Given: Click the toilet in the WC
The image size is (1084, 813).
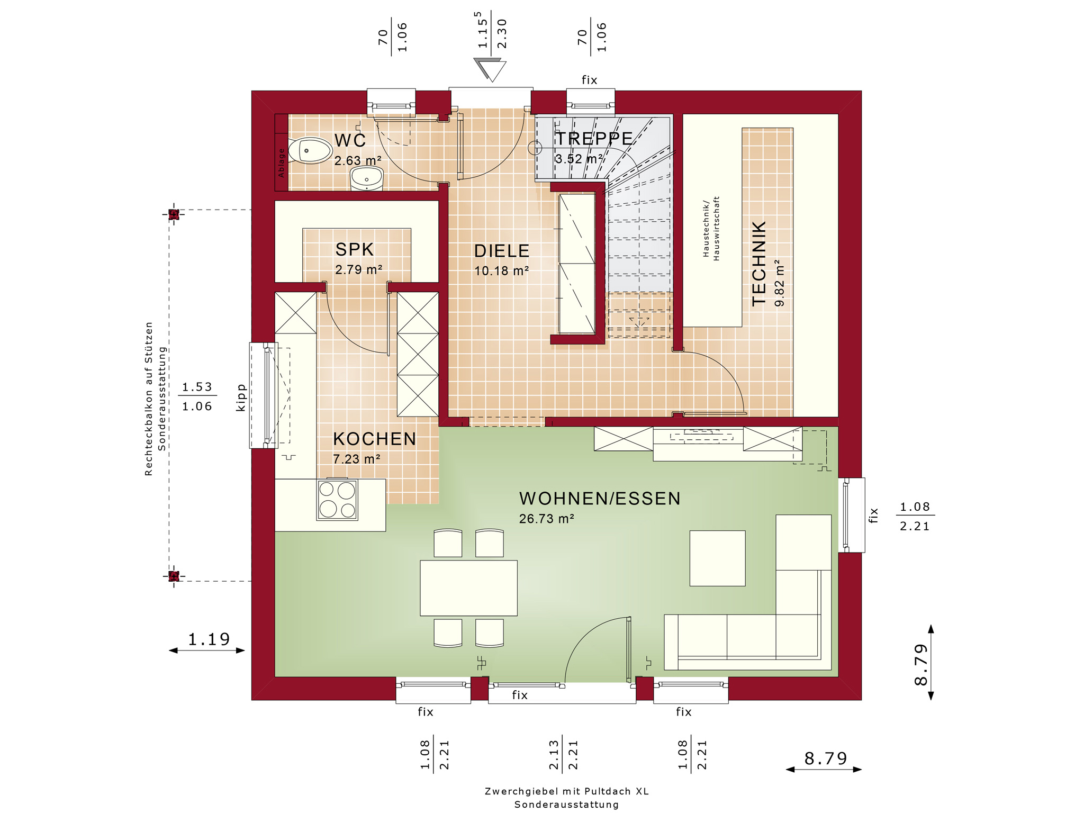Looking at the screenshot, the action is click(310, 150).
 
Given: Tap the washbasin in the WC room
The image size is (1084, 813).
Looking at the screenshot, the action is click(367, 178).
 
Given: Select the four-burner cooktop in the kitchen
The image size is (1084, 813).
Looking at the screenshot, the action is click(337, 500).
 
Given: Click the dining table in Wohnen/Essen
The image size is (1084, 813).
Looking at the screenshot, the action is click(468, 588).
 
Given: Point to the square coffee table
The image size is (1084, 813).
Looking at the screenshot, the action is click(717, 558).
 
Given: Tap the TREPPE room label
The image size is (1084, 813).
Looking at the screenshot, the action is click(594, 139).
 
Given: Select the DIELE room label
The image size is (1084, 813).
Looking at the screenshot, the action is click(502, 251).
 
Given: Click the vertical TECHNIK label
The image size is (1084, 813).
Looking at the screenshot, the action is click(759, 264).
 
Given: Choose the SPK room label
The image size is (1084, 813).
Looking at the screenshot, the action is click(355, 249).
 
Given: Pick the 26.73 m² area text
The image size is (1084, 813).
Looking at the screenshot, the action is click(547, 519).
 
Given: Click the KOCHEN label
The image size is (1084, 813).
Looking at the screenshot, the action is click(375, 439).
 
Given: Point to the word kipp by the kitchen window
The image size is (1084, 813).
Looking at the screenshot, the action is click(241, 398).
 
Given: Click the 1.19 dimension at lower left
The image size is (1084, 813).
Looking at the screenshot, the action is click(209, 639).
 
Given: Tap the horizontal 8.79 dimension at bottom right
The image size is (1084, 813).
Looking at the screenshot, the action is click(826, 758).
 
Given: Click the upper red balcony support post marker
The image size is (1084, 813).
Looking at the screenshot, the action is click(174, 214).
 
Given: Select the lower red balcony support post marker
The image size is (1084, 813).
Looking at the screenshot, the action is click(174, 576).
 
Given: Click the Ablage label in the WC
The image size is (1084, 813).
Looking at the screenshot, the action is click(281, 162).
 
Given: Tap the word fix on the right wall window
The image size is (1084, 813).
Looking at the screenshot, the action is click(873, 516).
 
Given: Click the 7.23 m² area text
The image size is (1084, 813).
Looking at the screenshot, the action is click(357, 459).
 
